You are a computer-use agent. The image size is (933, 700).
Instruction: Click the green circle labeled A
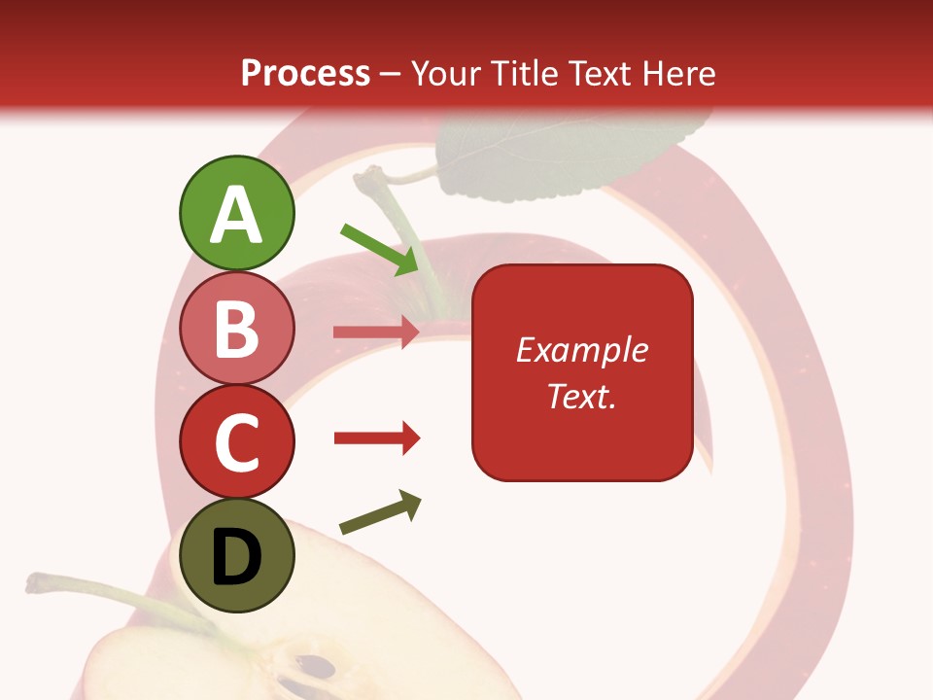point(236,213)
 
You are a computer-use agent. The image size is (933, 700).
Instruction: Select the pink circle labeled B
point(236,328)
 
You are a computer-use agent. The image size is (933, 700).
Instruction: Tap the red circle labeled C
point(236,441)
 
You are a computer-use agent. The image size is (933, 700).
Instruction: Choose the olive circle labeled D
point(236,555)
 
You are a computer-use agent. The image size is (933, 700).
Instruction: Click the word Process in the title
point(305,73)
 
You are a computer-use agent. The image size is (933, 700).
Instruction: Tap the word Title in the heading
point(522,73)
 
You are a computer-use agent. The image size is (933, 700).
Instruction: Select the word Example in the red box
point(581,350)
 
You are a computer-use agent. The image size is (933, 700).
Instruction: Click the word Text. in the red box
point(581,396)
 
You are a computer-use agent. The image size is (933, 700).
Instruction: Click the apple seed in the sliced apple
point(315,668)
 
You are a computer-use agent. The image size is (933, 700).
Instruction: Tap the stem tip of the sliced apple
point(34,582)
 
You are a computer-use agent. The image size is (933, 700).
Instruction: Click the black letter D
point(236,558)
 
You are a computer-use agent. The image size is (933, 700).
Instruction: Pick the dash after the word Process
point(391,74)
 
